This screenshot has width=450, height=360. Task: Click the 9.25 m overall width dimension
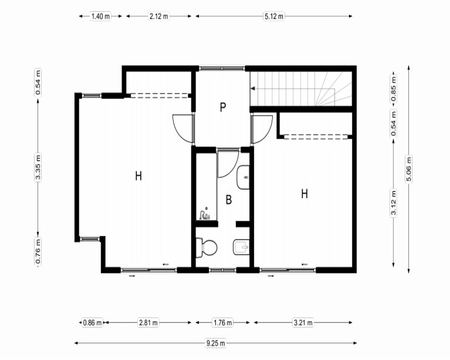click(x=216, y=343)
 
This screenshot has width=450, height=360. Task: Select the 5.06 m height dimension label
click(x=409, y=169)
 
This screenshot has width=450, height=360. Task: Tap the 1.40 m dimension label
click(x=100, y=16)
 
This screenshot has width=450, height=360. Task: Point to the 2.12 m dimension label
click(x=159, y=16)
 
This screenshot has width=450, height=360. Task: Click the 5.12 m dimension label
click(x=274, y=16)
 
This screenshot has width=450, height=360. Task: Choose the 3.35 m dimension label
click(x=38, y=167)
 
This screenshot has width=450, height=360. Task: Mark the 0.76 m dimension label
click(x=38, y=251)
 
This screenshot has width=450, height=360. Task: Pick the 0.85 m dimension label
click(x=393, y=88)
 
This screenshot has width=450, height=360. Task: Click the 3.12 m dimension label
click(x=393, y=202)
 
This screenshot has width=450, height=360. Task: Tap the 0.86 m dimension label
click(x=92, y=323)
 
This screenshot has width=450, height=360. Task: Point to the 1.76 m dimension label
click(x=223, y=323)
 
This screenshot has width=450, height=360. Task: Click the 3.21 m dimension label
click(x=303, y=323)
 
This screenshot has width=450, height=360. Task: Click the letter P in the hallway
click(x=223, y=108)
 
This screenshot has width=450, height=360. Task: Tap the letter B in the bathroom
click(x=229, y=199)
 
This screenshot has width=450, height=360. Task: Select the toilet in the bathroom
click(x=207, y=247)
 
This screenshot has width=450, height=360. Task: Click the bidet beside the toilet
click(x=241, y=247)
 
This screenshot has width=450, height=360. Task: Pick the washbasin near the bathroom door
click(x=243, y=177)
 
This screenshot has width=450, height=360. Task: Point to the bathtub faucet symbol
click(x=205, y=214)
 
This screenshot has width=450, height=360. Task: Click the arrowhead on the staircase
click(x=253, y=88)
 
